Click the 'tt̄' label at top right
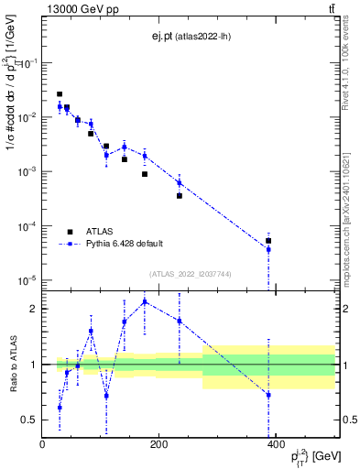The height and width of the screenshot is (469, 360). (x=330, y=9)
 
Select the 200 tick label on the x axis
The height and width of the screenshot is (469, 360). (x=158, y=446)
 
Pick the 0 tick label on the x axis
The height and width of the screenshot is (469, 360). (x=42, y=446)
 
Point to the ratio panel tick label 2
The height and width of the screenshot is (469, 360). (x=33, y=309)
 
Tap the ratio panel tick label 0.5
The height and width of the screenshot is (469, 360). (x=29, y=420)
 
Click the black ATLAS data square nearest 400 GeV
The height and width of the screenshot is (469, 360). (x=268, y=241)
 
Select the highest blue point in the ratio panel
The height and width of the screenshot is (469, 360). (x=145, y=301)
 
